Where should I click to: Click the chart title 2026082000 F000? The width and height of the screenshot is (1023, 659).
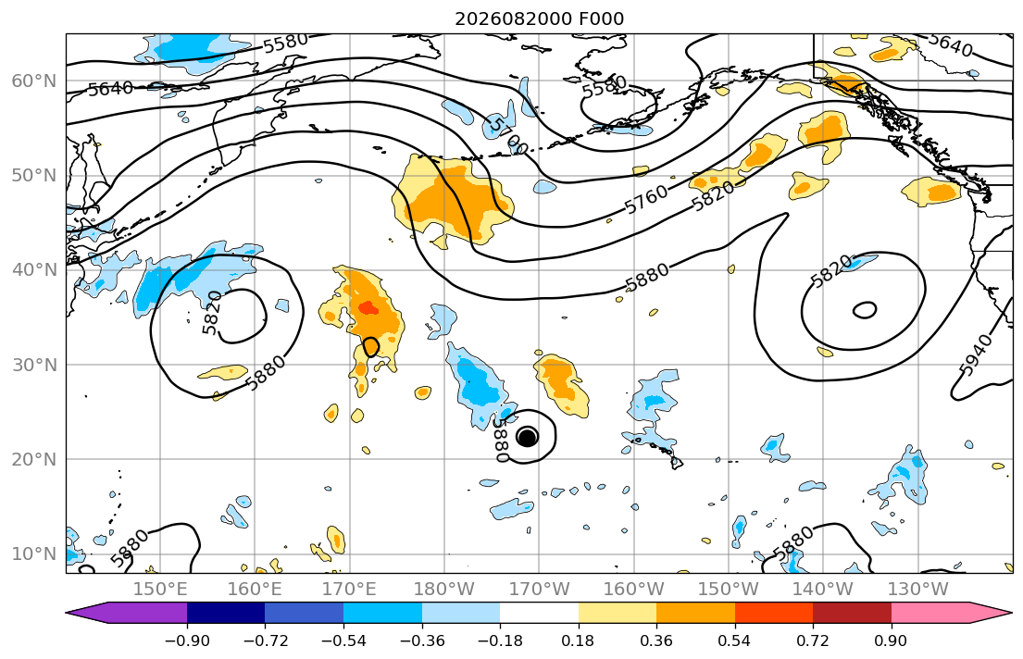[539, 19]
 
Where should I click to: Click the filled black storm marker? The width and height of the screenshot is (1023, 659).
[527, 437]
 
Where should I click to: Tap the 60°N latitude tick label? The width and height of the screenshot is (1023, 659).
[34, 81]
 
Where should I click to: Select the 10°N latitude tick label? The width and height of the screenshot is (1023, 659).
[34, 554]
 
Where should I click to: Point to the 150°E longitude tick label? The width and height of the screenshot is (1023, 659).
[160, 590]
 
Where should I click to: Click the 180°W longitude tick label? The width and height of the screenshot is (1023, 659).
[444, 590]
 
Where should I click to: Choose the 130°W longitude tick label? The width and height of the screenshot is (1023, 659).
[918, 590]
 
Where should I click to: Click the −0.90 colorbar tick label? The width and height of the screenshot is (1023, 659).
[187, 640]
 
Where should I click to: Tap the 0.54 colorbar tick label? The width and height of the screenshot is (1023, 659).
[735, 640]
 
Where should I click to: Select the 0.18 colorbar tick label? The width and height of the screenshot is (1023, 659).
[578, 640]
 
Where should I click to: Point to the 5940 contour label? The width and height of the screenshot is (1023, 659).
[977, 354]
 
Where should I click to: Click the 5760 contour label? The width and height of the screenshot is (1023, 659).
[646, 199]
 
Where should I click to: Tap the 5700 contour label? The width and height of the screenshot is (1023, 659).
[507, 136]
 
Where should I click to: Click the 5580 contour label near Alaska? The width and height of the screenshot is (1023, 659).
[605, 86]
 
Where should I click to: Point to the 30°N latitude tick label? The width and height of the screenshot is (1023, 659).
[34, 365]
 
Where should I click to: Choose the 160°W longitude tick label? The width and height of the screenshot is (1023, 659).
[634, 590]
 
